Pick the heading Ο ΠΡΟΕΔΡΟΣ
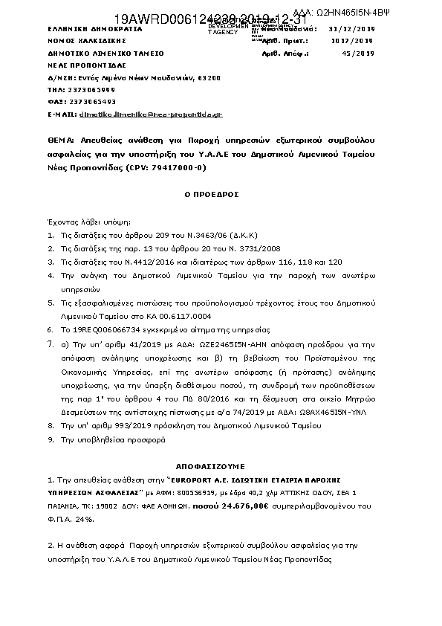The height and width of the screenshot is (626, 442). coord(211,194)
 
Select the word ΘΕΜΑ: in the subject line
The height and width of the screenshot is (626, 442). coord(62,140)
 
